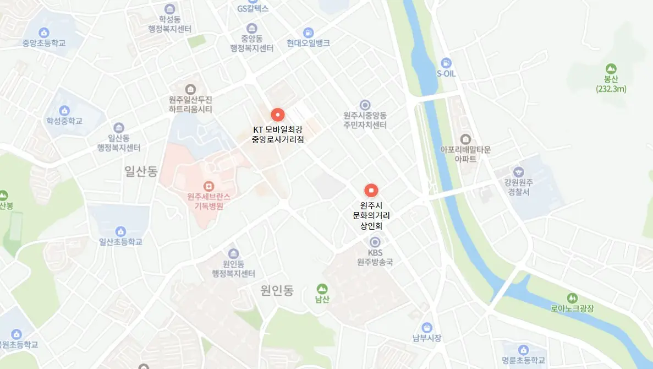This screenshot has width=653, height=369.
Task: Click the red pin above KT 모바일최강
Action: [x=278, y=115]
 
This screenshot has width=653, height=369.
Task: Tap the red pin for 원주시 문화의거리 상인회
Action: [x=371, y=191]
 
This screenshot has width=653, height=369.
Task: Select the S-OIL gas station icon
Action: [x=446, y=62]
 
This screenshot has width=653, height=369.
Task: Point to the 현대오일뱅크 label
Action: [x=308, y=43]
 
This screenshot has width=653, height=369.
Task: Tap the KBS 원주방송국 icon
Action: [x=375, y=242]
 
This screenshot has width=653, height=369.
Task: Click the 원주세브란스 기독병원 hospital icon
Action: [x=208, y=186]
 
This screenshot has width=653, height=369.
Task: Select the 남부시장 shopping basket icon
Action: [x=427, y=327]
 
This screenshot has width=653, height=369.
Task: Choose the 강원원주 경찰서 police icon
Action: [x=518, y=172]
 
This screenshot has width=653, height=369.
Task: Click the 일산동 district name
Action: [x=141, y=172]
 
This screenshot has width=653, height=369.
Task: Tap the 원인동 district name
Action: [x=277, y=290]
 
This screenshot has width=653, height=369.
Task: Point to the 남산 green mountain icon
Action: [x=322, y=289]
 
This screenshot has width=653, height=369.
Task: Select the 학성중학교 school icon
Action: [x=64, y=110]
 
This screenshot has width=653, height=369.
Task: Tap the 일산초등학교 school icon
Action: [x=120, y=231]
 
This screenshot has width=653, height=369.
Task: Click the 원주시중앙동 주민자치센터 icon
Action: [x=365, y=105]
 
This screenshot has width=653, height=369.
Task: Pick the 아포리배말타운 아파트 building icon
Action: [x=465, y=138]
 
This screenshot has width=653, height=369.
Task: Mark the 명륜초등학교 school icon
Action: [x=523, y=350]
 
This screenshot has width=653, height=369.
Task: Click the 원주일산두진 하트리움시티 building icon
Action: [x=190, y=89]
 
